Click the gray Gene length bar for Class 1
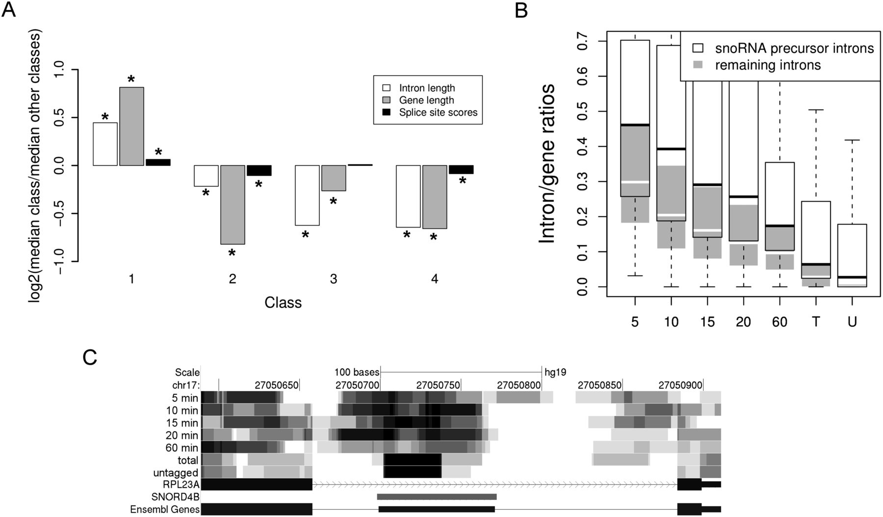click(131, 126)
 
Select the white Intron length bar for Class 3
click(307, 195)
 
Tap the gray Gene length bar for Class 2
click(233, 205)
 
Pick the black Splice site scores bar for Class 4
click(461, 169)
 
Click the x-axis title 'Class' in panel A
click(283, 303)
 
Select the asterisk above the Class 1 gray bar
click(131, 80)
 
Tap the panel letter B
click(521, 10)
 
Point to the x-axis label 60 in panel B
click(779, 322)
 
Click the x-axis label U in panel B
click(852, 322)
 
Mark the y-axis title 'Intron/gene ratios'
click(547, 163)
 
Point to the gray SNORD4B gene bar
click(437, 497)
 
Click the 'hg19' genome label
click(555, 372)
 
